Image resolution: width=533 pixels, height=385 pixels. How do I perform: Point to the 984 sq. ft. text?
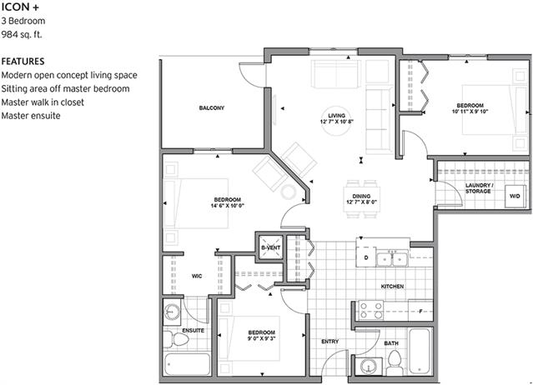tap(22, 34)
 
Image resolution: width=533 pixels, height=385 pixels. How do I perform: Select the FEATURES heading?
tap(23, 62)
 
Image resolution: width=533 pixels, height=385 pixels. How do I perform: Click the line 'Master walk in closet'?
tap(43, 102)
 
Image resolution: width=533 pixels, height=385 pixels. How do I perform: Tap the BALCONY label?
tap(212, 108)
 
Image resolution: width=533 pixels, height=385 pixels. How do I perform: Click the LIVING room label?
tap(336, 116)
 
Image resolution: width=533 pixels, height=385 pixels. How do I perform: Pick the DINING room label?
tap(361, 196)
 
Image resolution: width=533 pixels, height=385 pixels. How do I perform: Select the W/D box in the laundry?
tap(515, 196)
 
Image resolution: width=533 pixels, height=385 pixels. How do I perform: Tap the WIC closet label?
tap(197, 277)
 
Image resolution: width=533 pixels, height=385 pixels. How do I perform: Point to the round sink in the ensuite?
tap(172, 312)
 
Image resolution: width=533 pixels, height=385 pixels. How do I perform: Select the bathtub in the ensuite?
tap(188, 364)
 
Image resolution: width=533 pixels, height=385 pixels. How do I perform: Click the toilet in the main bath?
tap(395, 362)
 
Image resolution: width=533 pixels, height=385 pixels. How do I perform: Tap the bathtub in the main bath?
tap(420, 352)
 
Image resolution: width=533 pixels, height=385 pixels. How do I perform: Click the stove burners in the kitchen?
tap(371, 310)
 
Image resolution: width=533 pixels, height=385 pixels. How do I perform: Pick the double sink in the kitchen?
tap(392, 259)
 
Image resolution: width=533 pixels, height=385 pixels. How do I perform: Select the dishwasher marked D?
tap(366, 257)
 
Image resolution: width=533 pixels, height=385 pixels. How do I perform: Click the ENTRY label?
tap(330, 342)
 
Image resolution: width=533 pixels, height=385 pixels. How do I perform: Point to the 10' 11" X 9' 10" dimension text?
tap(470, 112)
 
